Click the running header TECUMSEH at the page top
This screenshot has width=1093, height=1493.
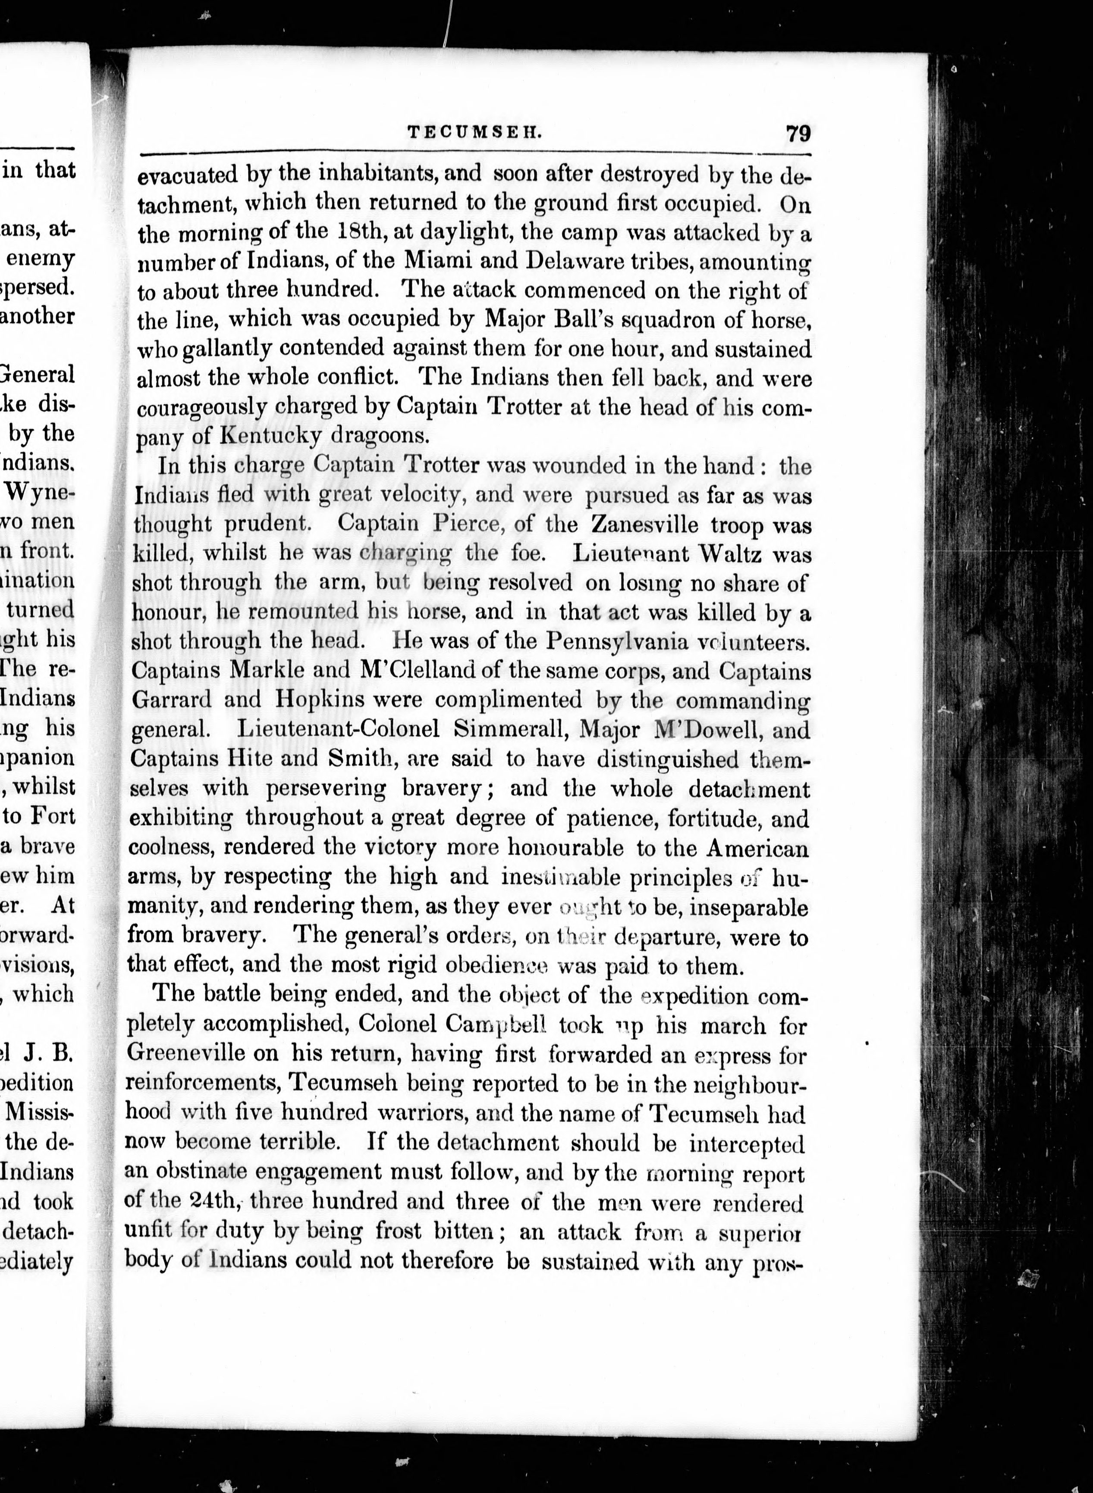click(x=474, y=132)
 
